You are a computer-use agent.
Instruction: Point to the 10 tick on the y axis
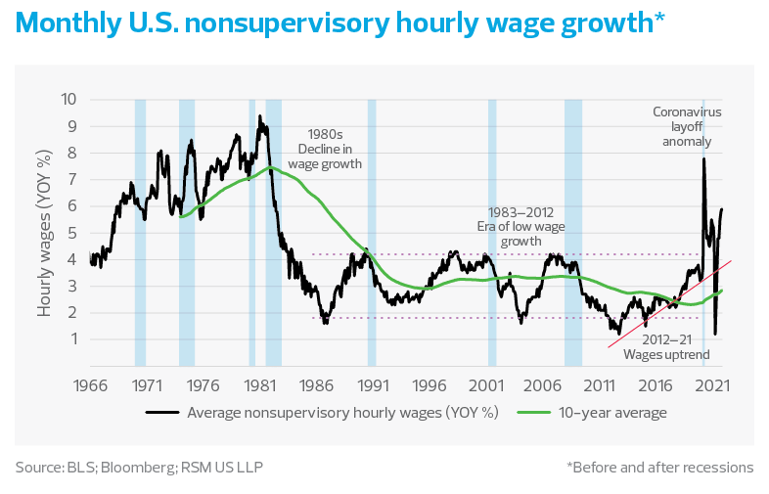tap(68, 99)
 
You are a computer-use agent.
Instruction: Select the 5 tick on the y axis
tap(70, 233)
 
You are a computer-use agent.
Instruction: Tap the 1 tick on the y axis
tap(70, 339)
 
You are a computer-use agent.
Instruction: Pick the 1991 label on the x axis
tap(372, 385)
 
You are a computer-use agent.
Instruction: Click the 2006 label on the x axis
tap(542, 385)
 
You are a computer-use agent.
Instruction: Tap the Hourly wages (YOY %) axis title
tap(45, 233)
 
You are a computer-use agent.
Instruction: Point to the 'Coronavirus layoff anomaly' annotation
tap(687, 127)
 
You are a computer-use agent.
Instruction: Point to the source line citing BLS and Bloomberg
tap(139, 467)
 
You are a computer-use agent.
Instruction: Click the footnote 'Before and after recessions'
tap(659, 467)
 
